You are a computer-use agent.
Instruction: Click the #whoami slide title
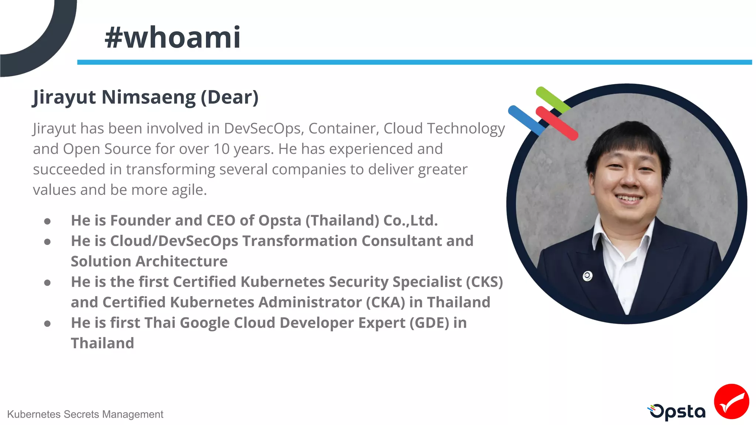[x=173, y=38]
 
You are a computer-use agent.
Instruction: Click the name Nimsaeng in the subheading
[x=148, y=97]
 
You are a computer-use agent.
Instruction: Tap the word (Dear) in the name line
[x=229, y=97]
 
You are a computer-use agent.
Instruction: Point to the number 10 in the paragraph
[x=221, y=149]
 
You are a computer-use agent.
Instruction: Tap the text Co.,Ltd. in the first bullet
[x=410, y=221]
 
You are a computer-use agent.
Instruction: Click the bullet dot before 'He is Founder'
[x=47, y=221]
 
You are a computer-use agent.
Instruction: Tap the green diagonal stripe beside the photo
[x=553, y=100]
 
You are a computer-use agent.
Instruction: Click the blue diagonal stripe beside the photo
[x=526, y=120]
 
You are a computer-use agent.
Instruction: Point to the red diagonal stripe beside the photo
[x=556, y=123]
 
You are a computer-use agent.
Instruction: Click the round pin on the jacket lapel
[x=587, y=276]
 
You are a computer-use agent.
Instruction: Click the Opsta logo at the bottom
[x=677, y=412]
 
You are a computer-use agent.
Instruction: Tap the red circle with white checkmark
[x=731, y=401]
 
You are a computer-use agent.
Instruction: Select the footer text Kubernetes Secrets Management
[x=85, y=414]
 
